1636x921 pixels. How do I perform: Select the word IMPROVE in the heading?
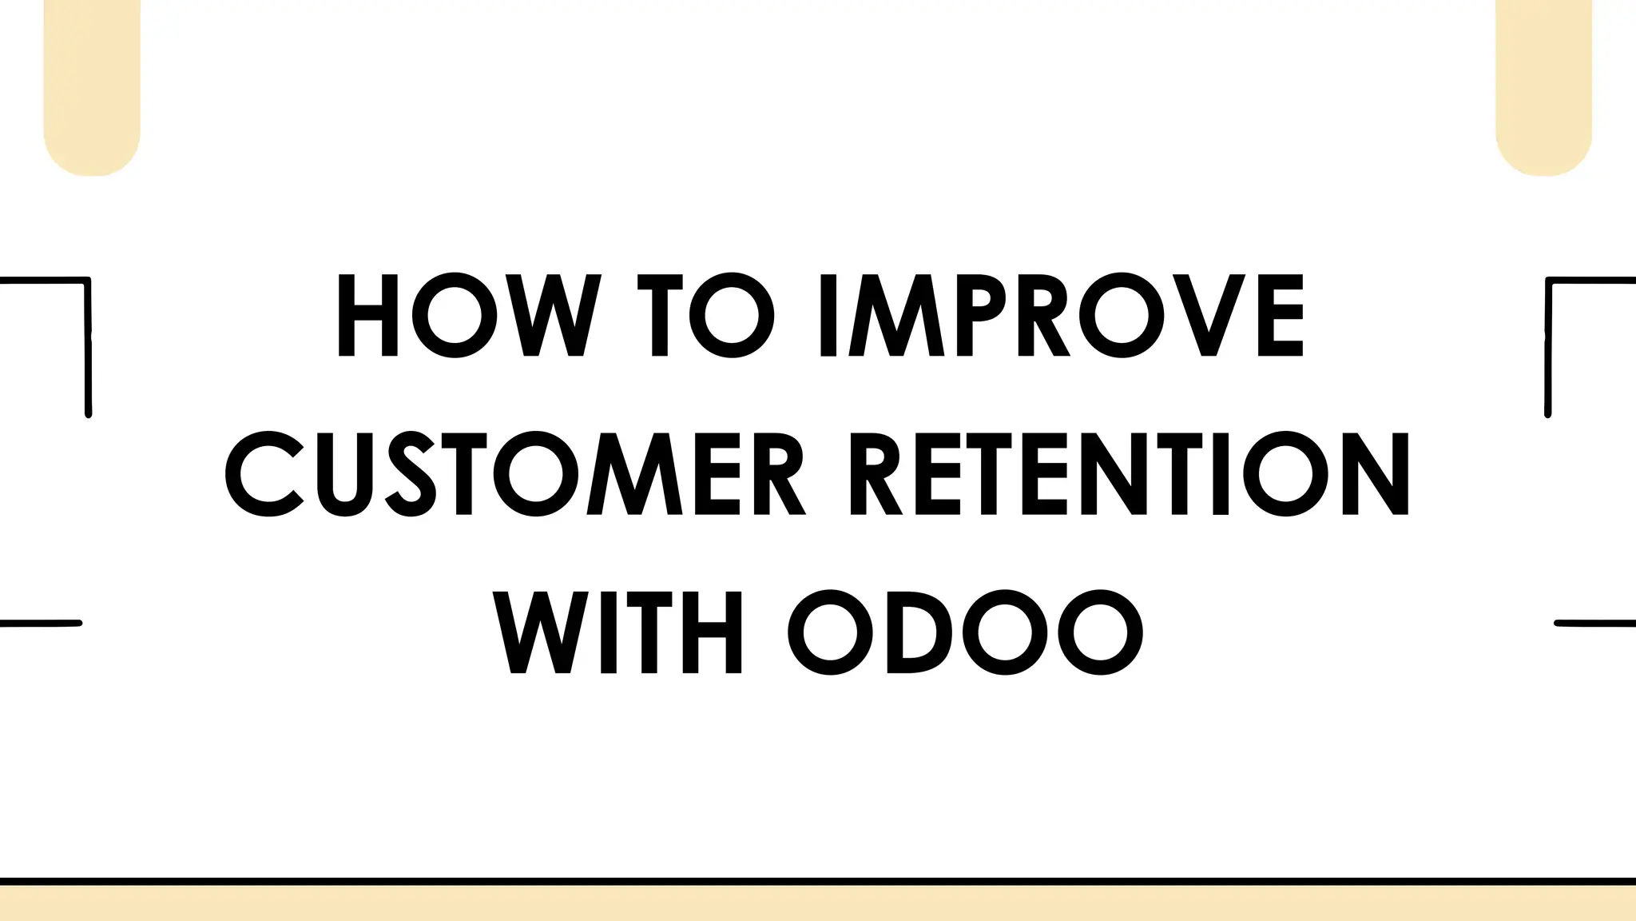click(1062, 316)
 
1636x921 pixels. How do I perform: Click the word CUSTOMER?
click(515, 474)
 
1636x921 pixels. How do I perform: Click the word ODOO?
click(966, 632)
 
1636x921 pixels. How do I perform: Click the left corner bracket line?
click(87, 344)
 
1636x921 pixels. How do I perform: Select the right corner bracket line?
click(1548, 344)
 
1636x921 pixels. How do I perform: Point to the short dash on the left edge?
click(40, 623)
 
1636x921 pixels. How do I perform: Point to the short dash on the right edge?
click(1595, 623)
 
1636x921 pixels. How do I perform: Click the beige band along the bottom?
click(818, 904)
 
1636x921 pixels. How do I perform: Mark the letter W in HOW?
click(554, 316)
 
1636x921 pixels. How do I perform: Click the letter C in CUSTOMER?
click(264, 474)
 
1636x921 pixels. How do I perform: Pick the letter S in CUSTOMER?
click(411, 474)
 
